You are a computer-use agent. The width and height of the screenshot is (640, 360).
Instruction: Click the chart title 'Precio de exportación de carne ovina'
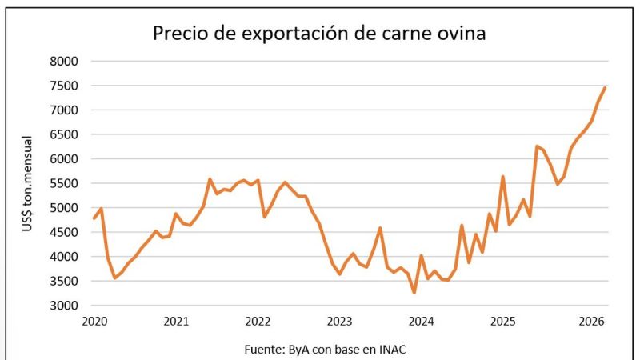point(319,34)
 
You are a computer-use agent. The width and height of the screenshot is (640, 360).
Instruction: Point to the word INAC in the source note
point(394,349)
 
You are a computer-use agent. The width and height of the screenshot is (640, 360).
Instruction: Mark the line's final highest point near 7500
point(605,87)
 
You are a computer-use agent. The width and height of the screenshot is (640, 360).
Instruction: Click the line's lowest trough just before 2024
point(414,293)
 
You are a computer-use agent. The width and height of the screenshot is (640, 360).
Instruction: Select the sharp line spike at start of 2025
point(502,176)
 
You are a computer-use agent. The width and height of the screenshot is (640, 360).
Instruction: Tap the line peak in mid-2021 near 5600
point(210,178)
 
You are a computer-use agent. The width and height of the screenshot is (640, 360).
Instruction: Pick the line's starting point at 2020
point(94,218)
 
